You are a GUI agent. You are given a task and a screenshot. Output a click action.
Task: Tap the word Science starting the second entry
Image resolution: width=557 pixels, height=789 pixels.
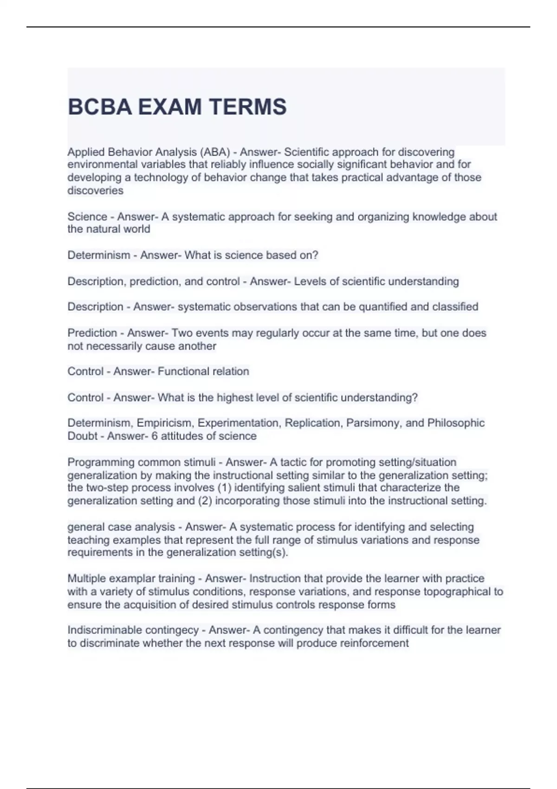coord(87,217)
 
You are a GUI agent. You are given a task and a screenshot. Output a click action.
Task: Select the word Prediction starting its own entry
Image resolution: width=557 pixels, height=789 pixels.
coord(92,333)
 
